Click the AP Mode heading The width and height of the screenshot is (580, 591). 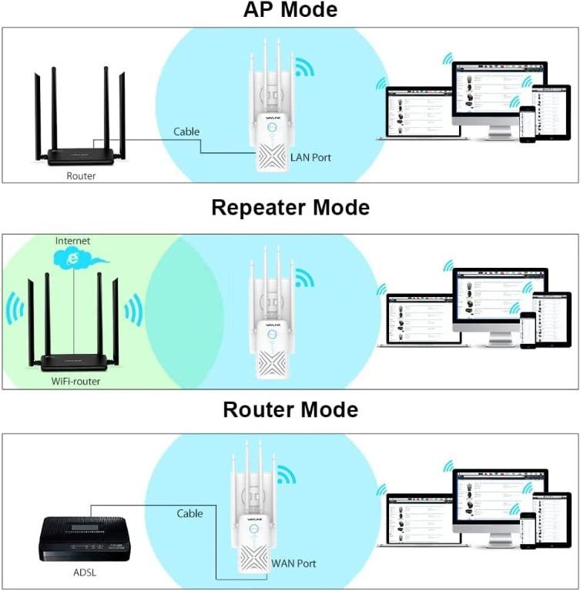tap(290, 11)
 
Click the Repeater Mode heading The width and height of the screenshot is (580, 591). tap(290, 208)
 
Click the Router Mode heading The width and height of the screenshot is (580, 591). tap(290, 409)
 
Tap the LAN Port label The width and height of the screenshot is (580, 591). tap(312, 158)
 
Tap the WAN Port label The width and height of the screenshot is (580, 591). tap(293, 563)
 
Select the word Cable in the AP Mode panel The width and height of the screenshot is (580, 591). tap(186, 132)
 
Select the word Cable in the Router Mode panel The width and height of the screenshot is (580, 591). tap(189, 513)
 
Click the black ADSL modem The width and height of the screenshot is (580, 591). tap(85, 538)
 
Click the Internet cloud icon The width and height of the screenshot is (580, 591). tap(73, 259)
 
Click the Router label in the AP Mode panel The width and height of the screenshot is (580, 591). tap(82, 175)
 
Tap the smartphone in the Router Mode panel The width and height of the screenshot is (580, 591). tap(527, 532)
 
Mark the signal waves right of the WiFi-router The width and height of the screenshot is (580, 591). tap(132, 309)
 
